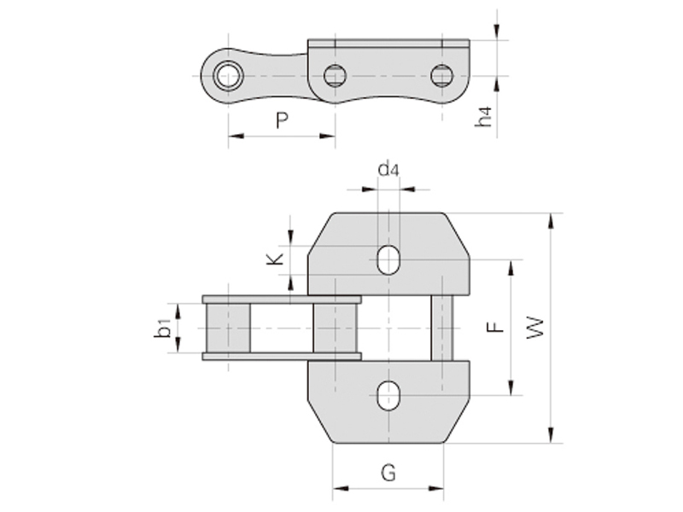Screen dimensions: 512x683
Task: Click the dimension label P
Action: pyautogui.click(x=282, y=121)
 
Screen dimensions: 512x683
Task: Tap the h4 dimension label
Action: pyautogui.click(x=485, y=117)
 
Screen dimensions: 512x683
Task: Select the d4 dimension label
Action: pyautogui.click(x=388, y=169)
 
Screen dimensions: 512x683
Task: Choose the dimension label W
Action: pyautogui.click(x=534, y=327)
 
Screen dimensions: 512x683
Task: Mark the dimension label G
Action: pyautogui.click(x=388, y=472)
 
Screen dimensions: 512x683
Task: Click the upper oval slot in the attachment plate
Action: pyautogui.click(x=388, y=259)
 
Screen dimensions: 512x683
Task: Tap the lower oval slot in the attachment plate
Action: pyautogui.click(x=388, y=396)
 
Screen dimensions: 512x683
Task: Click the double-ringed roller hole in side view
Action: pyautogui.click(x=228, y=75)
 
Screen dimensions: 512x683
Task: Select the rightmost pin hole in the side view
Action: pyautogui.click(x=441, y=75)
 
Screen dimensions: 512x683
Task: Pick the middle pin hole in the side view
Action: pyautogui.click(x=335, y=75)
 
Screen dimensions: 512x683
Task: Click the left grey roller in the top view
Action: pyautogui.click(x=228, y=328)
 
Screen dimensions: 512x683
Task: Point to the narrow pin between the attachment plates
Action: pyautogui.click(x=441, y=328)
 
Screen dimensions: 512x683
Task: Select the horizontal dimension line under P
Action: pyautogui.click(x=282, y=136)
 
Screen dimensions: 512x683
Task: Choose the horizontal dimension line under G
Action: pyautogui.click(x=388, y=489)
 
